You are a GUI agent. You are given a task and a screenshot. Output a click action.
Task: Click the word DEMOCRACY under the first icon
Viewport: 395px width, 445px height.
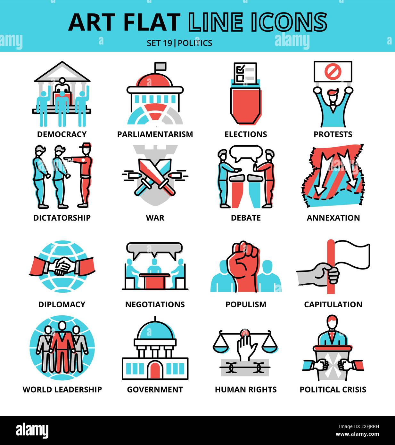click(x=62, y=134)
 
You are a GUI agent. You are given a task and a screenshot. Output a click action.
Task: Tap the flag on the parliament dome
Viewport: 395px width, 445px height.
click(x=160, y=67)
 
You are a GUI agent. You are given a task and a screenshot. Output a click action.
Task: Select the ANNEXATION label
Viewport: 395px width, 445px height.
click(x=333, y=218)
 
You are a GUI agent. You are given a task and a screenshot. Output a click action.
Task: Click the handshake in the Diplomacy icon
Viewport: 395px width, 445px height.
click(x=62, y=266)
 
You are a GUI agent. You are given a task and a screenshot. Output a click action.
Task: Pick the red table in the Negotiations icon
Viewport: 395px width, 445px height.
click(x=155, y=280)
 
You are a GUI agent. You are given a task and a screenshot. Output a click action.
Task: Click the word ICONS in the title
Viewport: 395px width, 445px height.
click(x=288, y=22)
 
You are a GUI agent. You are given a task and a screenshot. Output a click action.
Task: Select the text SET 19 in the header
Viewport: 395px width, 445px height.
click(x=159, y=43)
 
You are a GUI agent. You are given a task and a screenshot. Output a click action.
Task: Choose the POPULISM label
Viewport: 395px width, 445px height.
click(x=246, y=304)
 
